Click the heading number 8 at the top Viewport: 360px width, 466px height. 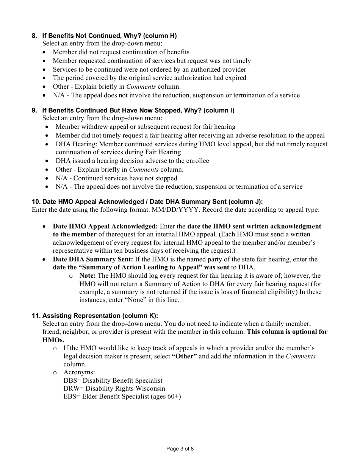(34, 36)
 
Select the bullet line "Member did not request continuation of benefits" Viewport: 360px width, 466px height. (121, 52)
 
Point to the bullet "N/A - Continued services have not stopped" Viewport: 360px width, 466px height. (116, 178)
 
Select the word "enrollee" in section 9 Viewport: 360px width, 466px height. (196, 161)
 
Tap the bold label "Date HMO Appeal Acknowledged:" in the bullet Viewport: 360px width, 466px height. (105, 226)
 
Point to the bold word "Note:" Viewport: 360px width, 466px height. (88, 275)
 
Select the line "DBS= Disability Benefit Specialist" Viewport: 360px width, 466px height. (113, 380)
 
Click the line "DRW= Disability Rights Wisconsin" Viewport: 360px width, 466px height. (114, 388)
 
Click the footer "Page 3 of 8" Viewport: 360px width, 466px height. (180, 449)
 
